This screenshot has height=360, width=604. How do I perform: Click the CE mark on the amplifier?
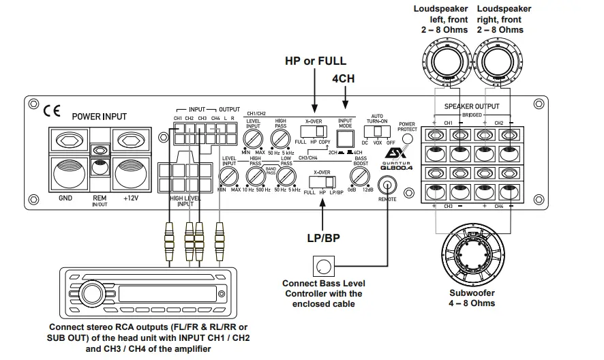52,110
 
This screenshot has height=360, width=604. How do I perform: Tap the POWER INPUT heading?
100,117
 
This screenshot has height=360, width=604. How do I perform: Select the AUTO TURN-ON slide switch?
377,130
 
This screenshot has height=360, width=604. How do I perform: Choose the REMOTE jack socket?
389,184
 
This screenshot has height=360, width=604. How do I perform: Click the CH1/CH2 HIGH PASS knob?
280,140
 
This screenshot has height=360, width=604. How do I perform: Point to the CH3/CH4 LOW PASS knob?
286,178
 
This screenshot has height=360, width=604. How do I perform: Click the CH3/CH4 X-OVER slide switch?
322,182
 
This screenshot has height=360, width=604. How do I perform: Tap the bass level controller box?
323,266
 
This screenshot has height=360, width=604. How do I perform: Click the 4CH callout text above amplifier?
344,78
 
